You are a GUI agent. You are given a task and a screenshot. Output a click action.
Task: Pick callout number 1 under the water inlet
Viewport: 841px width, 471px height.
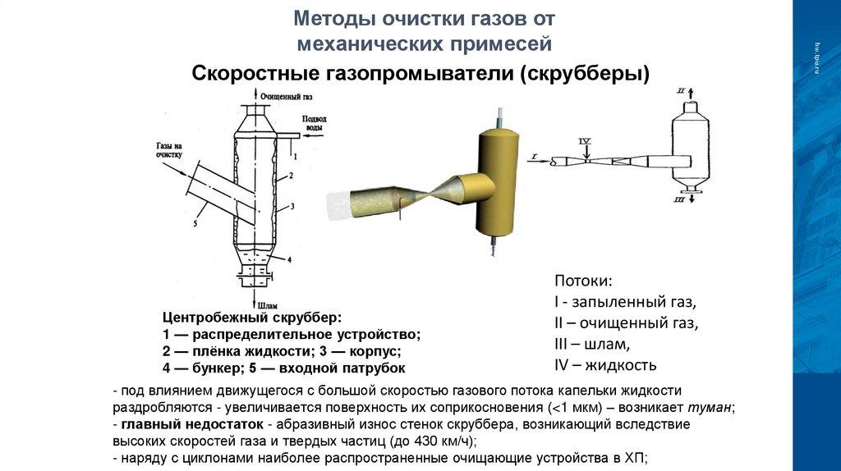click(x=294, y=154)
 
